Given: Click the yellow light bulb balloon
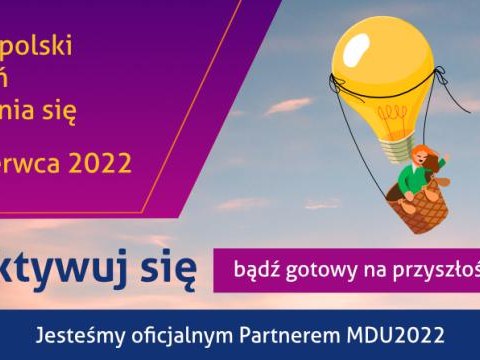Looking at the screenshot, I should [x=381, y=50].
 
